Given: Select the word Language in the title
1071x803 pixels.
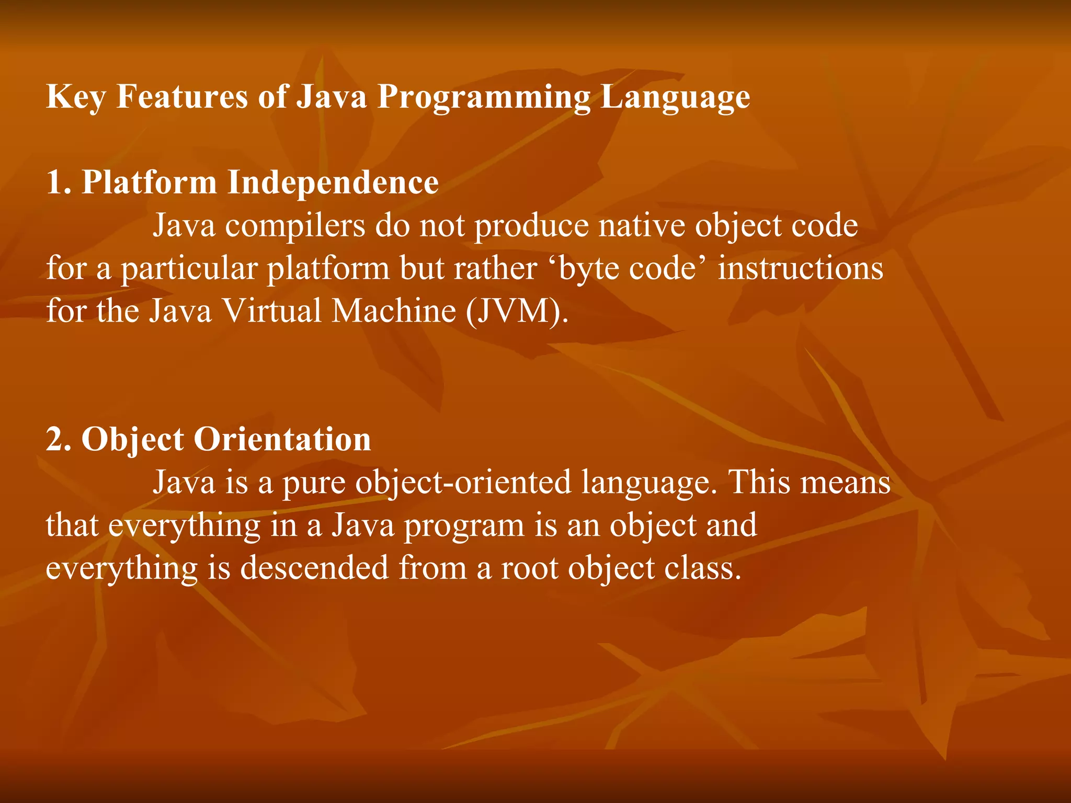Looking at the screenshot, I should click(x=675, y=97).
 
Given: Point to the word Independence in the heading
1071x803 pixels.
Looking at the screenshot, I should click(x=333, y=183).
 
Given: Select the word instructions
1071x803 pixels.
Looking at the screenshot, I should click(x=800, y=269).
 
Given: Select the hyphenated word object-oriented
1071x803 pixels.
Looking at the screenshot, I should click(x=463, y=482).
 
